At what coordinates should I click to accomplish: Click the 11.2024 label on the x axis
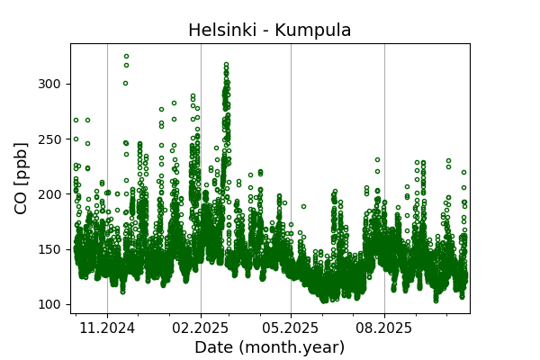(107, 328)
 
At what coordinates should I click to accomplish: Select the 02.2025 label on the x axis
(201, 328)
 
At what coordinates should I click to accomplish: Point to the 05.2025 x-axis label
(291, 328)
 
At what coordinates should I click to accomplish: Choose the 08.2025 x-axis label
(384, 328)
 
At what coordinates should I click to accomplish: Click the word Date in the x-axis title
(215, 347)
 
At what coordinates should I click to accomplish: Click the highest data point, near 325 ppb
(126, 56)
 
